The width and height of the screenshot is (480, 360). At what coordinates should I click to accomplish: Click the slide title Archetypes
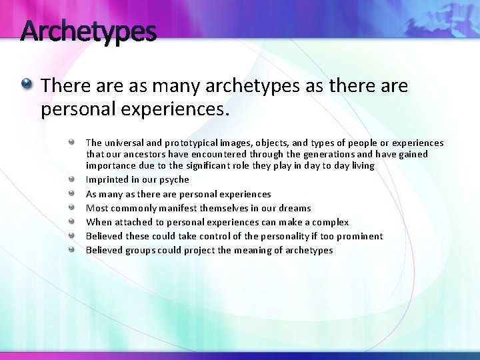(x=89, y=31)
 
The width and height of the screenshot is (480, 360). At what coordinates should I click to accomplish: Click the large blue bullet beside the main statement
(x=26, y=85)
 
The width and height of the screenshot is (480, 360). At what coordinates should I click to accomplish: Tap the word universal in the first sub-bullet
(x=125, y=143)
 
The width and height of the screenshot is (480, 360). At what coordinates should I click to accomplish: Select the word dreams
(x=295, y=208)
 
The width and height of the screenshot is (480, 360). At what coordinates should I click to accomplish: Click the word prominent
(x=359, y=236)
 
